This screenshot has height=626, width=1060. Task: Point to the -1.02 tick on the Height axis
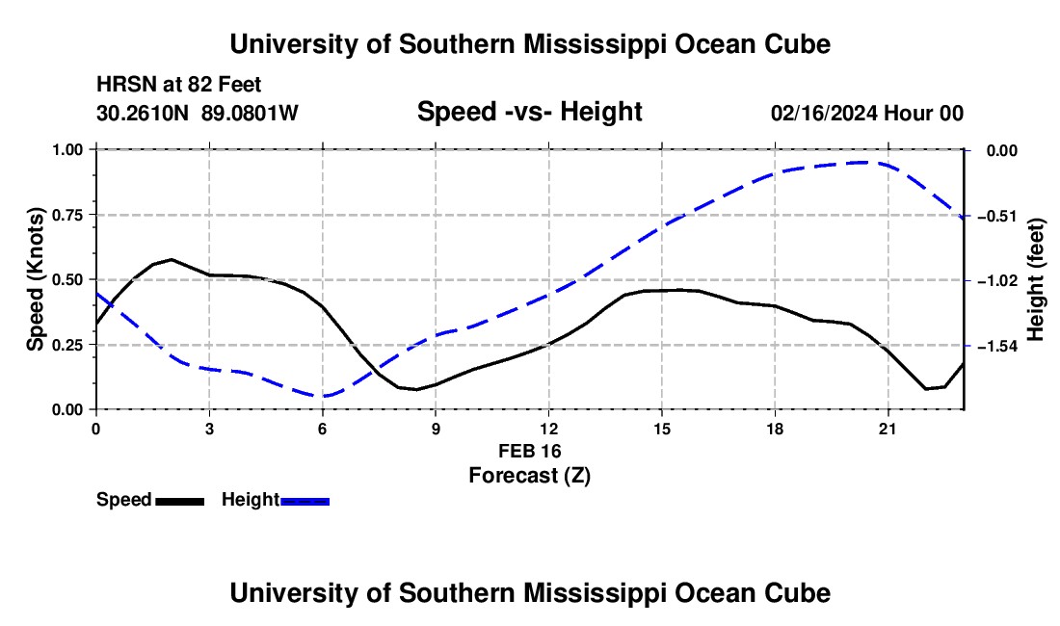(1000, 280)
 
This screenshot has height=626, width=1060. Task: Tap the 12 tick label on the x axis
(549, 429)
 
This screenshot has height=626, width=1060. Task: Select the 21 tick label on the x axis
(887, 429)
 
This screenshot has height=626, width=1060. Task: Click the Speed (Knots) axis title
(35, 279)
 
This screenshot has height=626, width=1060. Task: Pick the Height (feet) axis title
(1036, 279)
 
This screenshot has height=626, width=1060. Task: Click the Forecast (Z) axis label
(529, 476)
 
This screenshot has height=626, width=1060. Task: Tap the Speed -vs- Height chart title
(529, 112)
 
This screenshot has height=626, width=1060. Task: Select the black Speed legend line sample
(180, 501)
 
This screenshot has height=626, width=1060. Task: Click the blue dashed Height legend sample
(305, 501)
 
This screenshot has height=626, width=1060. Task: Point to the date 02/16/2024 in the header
(824, 114)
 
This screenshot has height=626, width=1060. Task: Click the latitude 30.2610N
(142, 113)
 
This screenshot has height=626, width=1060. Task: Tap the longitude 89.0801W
(250, 113)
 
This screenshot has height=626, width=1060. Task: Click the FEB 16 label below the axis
(529, 451)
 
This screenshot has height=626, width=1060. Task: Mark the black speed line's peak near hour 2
(172, 259)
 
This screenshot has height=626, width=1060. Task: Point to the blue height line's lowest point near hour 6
(325, 396)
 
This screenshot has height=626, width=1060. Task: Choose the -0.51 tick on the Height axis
(1000, 216)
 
